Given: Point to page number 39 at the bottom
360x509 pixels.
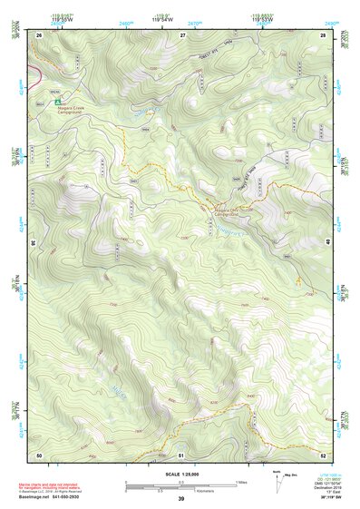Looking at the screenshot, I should point(180,499).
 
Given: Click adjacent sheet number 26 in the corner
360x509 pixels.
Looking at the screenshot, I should point(39,34).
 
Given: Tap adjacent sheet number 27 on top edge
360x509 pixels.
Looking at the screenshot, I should point(182,34).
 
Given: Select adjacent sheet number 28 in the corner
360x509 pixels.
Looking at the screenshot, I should point(324,34).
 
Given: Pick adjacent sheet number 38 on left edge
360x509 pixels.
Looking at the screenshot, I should point(34,242).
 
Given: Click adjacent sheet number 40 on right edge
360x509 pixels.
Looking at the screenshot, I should point(327,242).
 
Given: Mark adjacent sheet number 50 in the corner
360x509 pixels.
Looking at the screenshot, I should point(39,454).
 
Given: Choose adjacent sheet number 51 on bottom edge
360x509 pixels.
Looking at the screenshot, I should point(181,454).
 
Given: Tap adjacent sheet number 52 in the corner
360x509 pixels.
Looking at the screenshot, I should point(324,454).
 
